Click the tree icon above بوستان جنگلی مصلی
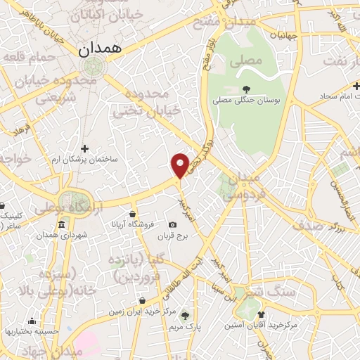pyautogui.click(x=246, y=89)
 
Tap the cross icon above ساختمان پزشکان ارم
pyautogui.click(x=84, y=148)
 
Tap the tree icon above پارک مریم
pyautogui.click(x=186, y=316)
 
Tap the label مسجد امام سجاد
pyautogui.click(x=323, y=94)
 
